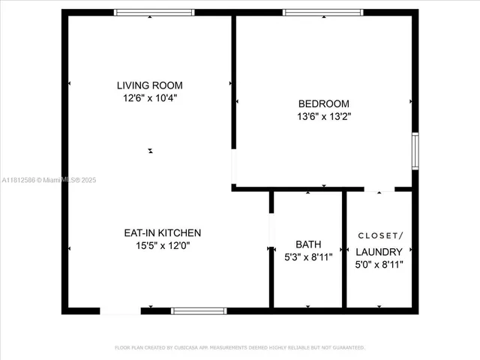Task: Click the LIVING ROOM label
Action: click(x=149, y=85)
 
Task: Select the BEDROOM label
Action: click(x=323, y=104)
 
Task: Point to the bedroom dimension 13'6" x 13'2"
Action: click(x=323, y=116)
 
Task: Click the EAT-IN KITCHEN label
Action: click(x=162, y=233)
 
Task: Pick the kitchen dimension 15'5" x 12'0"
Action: click(x=162, y=245)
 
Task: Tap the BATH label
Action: click(x=307, y=244)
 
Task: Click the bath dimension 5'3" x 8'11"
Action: click(x=307, y=257)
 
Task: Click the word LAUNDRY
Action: click(x=379, y=252)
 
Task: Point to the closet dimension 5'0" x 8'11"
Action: click(x=379, y=264)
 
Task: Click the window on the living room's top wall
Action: click(x=154, y=12)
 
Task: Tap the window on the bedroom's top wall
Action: click(x=322, y=12)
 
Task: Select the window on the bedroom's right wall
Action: click(x=415, y=151)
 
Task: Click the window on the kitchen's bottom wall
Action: click(x=199, y=310)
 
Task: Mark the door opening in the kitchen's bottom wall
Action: click(x=120, y=310)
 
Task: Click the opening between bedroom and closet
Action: click(x=379, y=189)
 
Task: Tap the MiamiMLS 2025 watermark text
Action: click(x=49, y=180)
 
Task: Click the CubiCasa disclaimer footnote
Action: click(x=239, y=347)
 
